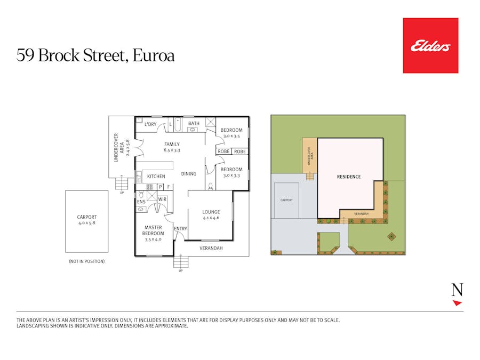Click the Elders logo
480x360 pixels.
click(x=430, y=46)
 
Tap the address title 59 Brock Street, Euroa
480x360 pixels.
click(x=95, y=55)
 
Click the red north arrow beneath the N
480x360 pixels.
click(x=457, y=303)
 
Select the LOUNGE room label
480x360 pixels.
click(x=211, y=212)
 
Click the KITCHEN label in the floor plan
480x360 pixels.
click(x=156, y=177)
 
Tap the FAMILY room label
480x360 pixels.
click(x=172, y=144)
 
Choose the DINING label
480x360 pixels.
click(x=188, y=174)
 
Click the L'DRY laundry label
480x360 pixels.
click(x=150, y=124)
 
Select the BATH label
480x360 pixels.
click(x=194, y=124)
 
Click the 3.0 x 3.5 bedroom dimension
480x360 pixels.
click(x=231, y=136)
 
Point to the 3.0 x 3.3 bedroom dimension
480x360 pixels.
click(x=231, y=175)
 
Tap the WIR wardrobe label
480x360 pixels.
click(x=162, y=199)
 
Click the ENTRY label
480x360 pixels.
click(x=181, y=229)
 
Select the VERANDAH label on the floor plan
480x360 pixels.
click(x=211, y=249)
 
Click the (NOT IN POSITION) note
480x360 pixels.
click(x=86, y=261)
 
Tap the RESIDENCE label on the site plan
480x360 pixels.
click(x=348, y=177)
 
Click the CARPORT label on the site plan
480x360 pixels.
click(x=286, y=201)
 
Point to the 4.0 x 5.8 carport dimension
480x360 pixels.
click(x=86, y=223)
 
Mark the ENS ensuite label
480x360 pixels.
click(x=141, y=202)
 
